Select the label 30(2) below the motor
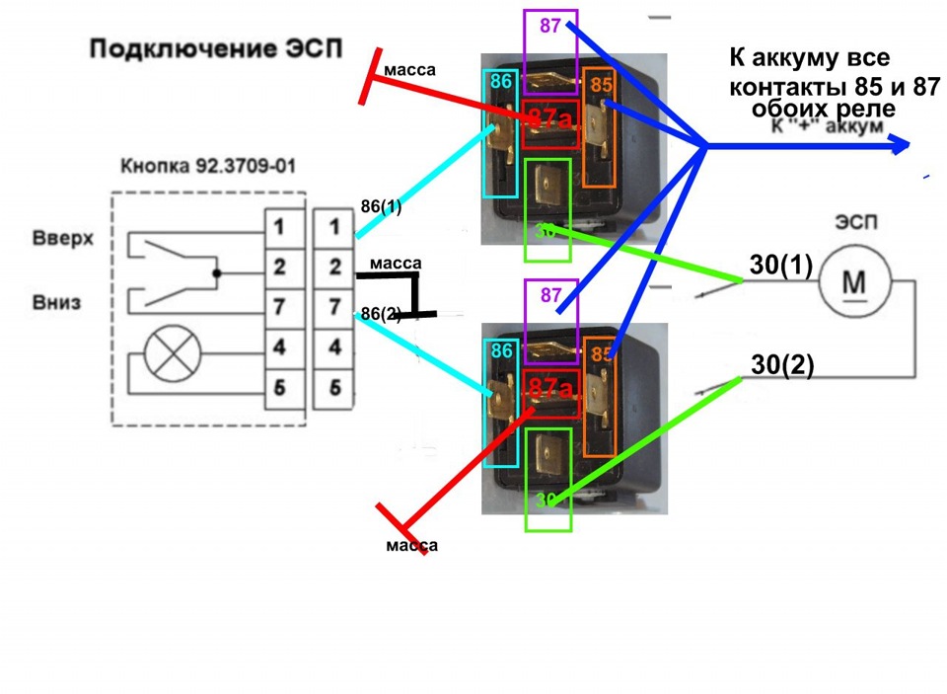click(782, 365)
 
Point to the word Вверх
click(62, 240)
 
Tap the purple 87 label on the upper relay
click(549, 25)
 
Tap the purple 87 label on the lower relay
click(549, 294)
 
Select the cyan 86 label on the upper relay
click(500, 82)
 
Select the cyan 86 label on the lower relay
click(500, 350)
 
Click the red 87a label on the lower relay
click(549, 388)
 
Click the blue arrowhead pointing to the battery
click(899, 146)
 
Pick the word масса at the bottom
click(411, 545)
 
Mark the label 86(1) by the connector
click(381, 207)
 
